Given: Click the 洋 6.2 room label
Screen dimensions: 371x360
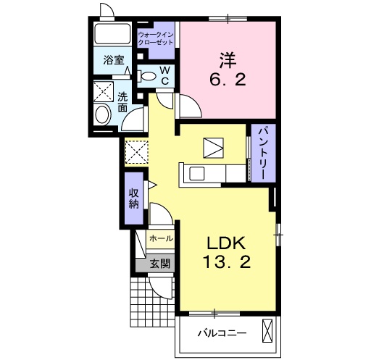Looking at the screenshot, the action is pyautogui.click(x=228, y=70).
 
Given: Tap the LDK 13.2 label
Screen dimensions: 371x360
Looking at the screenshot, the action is pyautogui.click(x=226, y=252).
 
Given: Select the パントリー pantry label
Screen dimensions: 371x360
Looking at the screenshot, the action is pyautogui.click(x=263, y=153).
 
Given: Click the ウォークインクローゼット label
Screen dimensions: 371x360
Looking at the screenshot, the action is pyautogui.click(x=156, y=38).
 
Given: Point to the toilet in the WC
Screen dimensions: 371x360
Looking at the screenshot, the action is pyautogui.click(x=146, y=76).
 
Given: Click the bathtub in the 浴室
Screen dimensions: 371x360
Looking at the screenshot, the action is pyautogui.click(x=112, y=33).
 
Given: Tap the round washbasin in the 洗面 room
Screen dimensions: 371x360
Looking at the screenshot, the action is pyautogui.click(x=103, y=115).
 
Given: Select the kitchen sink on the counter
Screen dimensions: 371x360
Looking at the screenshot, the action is pyautogui.click(x=197, y=173).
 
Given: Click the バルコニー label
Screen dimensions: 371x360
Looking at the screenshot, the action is pyautogui.click(x=222, y=334).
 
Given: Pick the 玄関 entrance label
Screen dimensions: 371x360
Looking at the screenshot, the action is pyautogui.click(x=160, y=264).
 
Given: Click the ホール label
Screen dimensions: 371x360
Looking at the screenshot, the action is pyautogui.click(x=161, y=238).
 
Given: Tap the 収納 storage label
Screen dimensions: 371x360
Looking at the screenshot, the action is pyautogui.click(x=134, y=198).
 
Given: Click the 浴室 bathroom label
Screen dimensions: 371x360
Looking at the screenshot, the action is pyautogui.click(x=114, y=60).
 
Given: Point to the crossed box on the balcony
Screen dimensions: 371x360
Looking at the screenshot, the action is pyautogui.click(x=267, y=331).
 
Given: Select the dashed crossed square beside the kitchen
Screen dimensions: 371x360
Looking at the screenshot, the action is pyautogui.click(x=136, y=152).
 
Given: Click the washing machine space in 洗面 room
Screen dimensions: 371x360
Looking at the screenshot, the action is pyautogui.click(x=104, y=91).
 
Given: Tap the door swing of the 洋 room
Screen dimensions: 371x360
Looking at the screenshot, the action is pyautogui.click(x=191, y=106).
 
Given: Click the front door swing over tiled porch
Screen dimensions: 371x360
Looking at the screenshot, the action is pyautogui.click(x=161, y=288).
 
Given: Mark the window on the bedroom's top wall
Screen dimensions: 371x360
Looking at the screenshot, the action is pyautogui.click(x=228, y=19).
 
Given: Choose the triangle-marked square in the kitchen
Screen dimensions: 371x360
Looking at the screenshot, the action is pyautogui.click(x=213, y=148).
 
